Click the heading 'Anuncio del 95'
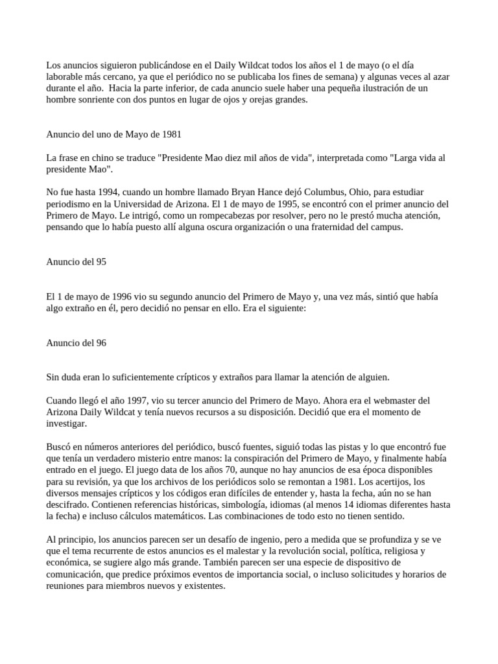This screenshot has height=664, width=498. (x=76, y=263)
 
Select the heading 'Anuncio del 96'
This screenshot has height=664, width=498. (x=76, y=344)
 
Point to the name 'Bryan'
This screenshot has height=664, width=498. (x=219, y=193)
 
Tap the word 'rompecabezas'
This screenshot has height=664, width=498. (x=218, y=216)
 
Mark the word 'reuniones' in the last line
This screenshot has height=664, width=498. (x=67, y=586)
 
